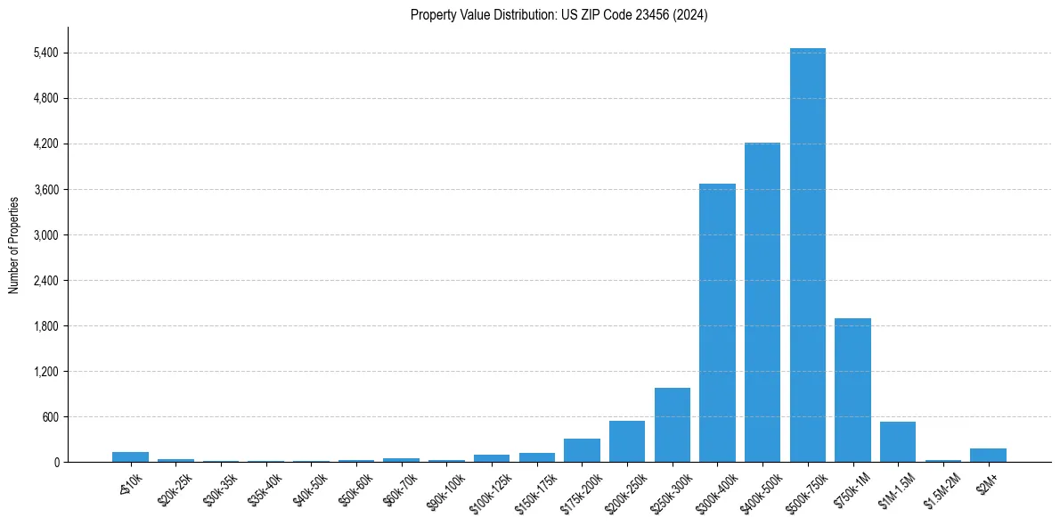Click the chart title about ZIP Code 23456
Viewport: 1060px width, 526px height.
(x=559, y=15)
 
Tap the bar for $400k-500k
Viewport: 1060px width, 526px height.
(x=762, y=302)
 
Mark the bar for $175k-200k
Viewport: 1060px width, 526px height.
(x=582, y=450)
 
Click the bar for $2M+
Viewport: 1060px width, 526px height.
(x=988, y=455)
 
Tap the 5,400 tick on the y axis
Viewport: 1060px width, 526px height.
(x=45, y=53)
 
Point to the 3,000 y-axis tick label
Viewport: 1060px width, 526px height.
(x=45, y=235)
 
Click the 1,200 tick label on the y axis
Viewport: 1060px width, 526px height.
(x=45, y=372)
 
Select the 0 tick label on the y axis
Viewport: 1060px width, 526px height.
(x=55, y=463)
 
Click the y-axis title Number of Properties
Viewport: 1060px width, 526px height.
(x=13, y=244)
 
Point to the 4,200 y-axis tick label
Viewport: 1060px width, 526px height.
(x=45, y=144)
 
